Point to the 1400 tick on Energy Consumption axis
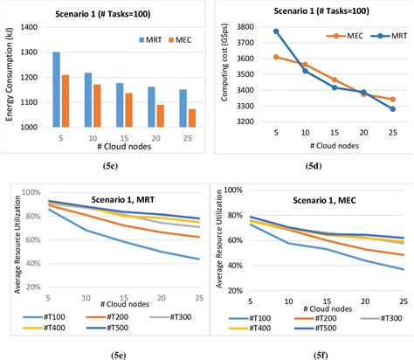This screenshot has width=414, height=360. point(29,28)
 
